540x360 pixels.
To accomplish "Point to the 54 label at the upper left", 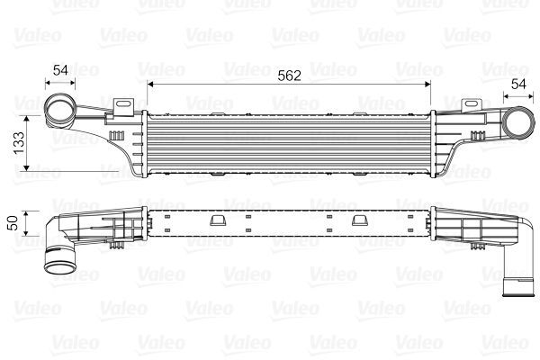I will pyautogui.click(x=59, y=69).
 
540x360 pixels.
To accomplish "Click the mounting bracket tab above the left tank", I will pyautogui.click(x=120, y=106).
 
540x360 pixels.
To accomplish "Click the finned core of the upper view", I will pyautogui.click(x=288, y=144).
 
